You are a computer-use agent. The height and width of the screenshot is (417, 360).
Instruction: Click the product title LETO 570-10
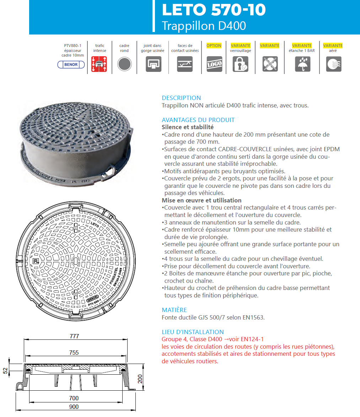click(214, 10)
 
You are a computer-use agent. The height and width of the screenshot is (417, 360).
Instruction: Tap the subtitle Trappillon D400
click(204, 26)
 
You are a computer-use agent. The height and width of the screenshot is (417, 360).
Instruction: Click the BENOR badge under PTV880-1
click(71, 64)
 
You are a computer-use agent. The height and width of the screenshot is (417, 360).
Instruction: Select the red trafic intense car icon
click(100, 64)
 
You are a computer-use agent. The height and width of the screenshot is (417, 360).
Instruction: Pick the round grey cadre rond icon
click(124, 64)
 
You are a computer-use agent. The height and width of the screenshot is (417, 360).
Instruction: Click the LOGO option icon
click(214, 64)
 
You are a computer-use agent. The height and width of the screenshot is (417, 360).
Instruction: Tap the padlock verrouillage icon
click(241, 64)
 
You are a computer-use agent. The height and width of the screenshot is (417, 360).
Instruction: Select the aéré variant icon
click(333, 64)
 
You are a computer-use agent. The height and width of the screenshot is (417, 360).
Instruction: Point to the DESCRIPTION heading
click(181, 98)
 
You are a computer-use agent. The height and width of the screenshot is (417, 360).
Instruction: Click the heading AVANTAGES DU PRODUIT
click(198, 120)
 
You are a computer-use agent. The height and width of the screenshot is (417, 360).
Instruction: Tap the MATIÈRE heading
click(174, 310)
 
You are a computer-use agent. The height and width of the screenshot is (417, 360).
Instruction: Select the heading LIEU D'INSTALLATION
click(193, 332)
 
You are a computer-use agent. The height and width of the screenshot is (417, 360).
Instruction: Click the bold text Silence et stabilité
click(188, 127)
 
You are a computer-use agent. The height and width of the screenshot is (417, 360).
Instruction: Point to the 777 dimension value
click(74, 336)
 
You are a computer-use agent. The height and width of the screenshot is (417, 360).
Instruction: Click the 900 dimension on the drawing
click(74, 407)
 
